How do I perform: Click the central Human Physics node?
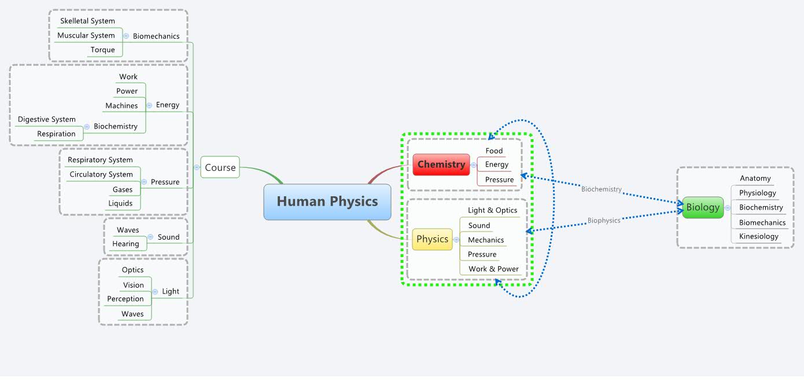(327, 201)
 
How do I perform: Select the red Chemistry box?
(441, 164)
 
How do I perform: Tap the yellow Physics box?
(432, 239)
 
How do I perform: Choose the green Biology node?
(703, 207)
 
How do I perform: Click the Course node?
(220, 167)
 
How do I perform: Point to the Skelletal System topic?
(87, 21)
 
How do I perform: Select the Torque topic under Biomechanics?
(102, 50)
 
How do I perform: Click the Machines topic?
(121, 105)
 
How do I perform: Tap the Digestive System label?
(46, 119)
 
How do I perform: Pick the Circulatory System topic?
(101, 174)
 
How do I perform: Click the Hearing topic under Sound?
(126, 244)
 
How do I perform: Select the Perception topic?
(125, 299)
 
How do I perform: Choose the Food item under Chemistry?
(494, 151)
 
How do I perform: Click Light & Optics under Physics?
(492, 210)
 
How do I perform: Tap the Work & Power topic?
(493, 269)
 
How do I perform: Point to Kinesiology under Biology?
(758, 236)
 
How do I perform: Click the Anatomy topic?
(755, 178)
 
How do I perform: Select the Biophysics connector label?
(604, 221)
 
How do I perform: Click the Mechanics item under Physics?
(485, 240)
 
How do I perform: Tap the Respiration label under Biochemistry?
(56, 134)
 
